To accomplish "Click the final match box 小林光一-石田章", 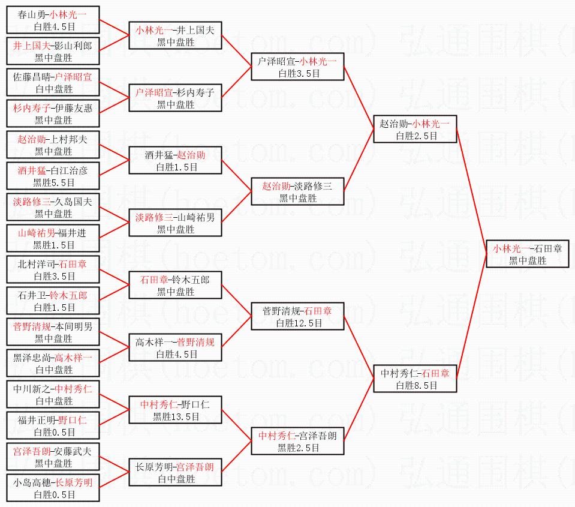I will click(x=527, y=254).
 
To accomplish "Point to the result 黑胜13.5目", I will click(x=175, y=416).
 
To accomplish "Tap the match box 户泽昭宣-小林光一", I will click(x=297, y=67).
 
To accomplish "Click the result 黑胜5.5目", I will click(x=54, y=182).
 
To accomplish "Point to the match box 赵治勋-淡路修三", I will click(x=297, y=191).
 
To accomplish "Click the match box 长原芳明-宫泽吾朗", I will click(x=175, y=472).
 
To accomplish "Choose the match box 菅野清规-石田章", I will click(x=297, y=316).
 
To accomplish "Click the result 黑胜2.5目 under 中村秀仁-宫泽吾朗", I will click(x=297, y=448).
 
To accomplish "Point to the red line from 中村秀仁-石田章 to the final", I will click(x=474, y=316).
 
